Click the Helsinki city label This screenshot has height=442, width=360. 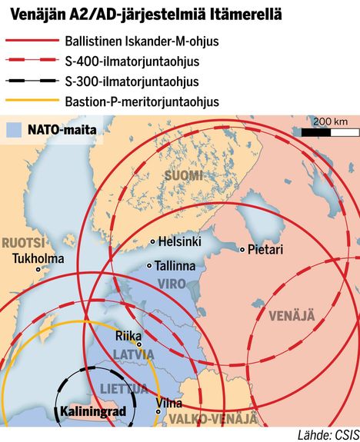(180, 242)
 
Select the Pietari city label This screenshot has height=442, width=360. (265, 250)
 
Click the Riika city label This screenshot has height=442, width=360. (127, 336)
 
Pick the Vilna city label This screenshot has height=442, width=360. (168, 402)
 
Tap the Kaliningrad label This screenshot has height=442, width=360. (92, 411)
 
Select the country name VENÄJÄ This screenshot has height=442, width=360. (292, 315)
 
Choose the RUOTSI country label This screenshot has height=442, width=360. (22, 241)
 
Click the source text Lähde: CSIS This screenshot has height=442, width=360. (326, 434)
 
